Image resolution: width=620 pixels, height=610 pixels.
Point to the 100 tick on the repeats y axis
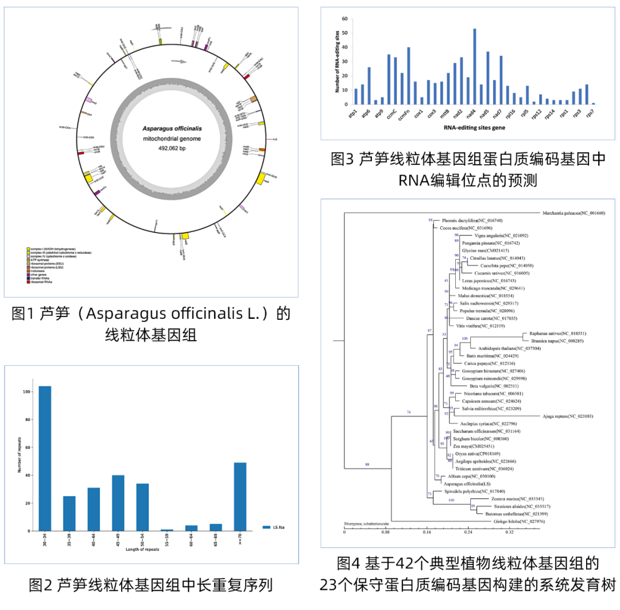(28, 392)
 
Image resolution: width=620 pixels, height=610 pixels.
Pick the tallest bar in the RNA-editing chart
(474, 66)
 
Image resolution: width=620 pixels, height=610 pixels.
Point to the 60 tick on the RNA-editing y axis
(344, 19)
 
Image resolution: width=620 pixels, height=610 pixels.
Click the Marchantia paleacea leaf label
(573, 213)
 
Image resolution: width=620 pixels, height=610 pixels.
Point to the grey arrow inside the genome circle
(180, 61)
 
